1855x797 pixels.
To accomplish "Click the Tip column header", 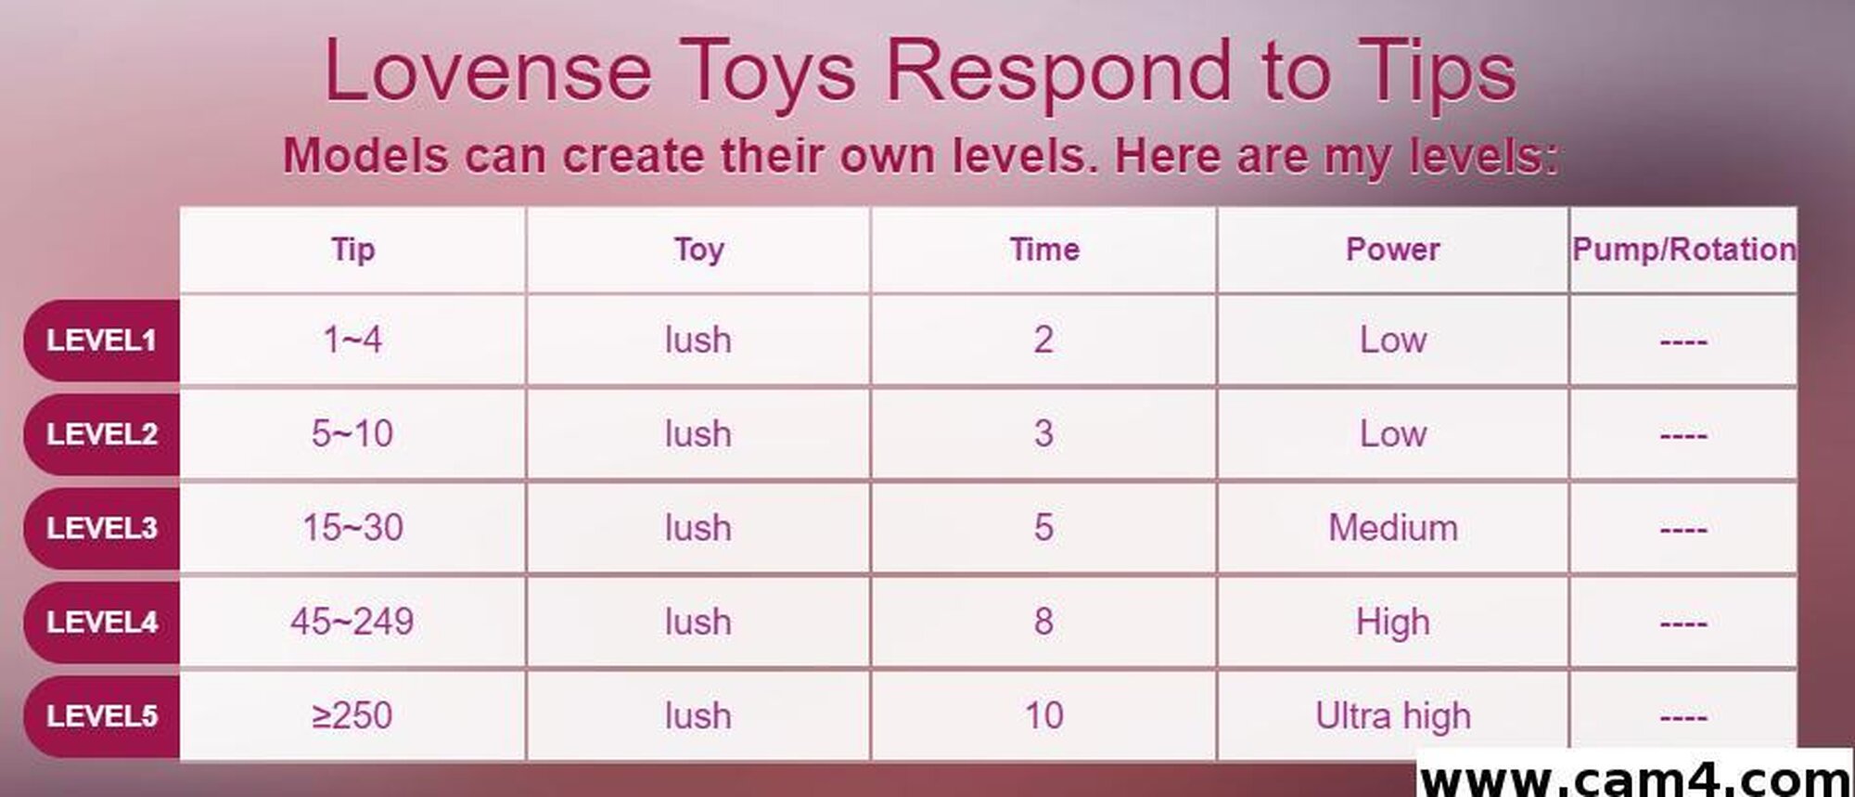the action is [x=352, y=250].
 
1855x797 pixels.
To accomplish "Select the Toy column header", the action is [x=698, y=250].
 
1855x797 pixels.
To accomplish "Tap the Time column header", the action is [x=1044, y=249].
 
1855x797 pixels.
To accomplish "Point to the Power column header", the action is [x=1392, y=249].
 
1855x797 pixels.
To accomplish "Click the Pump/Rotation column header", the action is [x=1683, y=249].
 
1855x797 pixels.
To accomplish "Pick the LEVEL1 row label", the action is [x=102, y=341].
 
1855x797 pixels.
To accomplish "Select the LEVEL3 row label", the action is [x=102, y=528].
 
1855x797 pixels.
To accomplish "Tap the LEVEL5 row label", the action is [x=102, y=715].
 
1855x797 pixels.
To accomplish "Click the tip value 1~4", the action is [x=352, y=340].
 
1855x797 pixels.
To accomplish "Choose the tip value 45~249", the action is [x=352, y=622].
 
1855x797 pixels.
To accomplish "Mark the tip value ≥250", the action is [x=352, y=715].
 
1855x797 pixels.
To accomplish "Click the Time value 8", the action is [x=1043, y=622].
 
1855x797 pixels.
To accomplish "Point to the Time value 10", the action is [x=1043, y=715].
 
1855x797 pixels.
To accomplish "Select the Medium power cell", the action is [x=1393, y=528].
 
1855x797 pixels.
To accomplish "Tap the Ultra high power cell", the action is [x=1393, y=715].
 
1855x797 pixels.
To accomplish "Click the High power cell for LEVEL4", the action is [x=1393, y=622].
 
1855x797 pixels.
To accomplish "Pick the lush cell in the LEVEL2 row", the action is [x=698, y=433].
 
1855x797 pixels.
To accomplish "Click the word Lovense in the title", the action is [x=488, y=71].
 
